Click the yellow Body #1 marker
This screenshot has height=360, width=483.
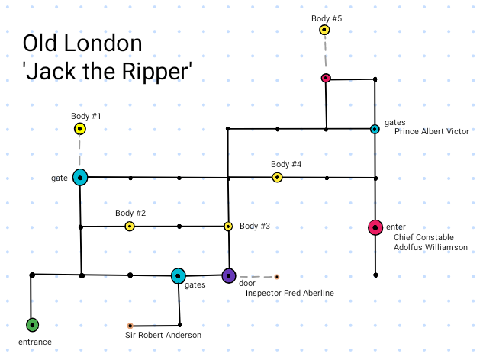click(x=79, y=129)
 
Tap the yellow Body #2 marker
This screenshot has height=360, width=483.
click(x=130, y=227)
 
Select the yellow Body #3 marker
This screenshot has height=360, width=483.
click(x=227, y=227)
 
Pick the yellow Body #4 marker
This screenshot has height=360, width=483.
click(x=277, y=178)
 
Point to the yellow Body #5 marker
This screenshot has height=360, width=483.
click(x=324, y=31)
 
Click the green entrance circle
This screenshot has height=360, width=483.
click(x=31, y=325)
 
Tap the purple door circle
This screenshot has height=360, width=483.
click(x=228, y=275)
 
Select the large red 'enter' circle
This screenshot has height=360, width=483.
click(x=375, y=227)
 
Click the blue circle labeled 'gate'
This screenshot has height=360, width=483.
click(x=79, y=178)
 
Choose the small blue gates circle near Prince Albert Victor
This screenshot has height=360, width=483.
click(x=375, y=129)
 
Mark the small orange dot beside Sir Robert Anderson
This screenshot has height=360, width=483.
click(x=130, y=325)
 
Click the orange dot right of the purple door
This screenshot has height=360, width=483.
click(x=277, y=276)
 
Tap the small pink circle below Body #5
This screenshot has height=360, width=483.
click(x=326, y=78)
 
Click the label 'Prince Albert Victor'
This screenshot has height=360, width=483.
click(x=431, y=131)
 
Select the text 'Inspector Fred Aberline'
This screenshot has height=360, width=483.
click(x=289, y=293)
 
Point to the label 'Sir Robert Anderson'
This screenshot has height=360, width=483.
click(x=163, y=335)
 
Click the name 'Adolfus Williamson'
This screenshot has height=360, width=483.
click(x=430, y=247)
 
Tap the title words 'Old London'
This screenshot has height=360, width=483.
click(x=82, y=43)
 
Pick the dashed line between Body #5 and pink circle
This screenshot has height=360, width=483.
click(x=325, y=54)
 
